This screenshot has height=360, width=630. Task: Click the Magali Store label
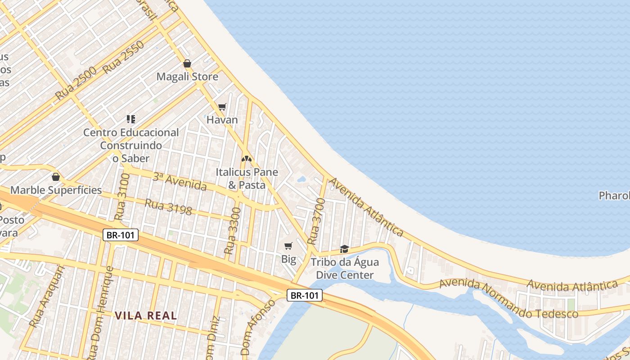click(187, 76)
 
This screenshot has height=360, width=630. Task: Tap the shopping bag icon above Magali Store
click(187, 63)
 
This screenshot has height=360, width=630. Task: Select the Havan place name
click(222, 120)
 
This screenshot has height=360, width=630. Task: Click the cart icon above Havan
click(222, 107)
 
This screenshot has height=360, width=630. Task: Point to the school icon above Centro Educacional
click(131, 119)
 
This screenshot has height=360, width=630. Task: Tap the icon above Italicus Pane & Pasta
click(246, 159)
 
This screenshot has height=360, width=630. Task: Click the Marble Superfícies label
click(56, 190)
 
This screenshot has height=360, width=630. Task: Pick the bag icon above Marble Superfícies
click(56, 177)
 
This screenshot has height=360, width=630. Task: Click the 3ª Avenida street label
click(180, 181)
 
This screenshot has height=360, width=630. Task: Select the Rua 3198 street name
click(168, 207)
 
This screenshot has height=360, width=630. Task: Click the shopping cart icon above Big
click(288, 246)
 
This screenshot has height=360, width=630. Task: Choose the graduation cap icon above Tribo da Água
click(345, 249)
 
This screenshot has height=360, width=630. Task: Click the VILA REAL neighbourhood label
click(146, 316)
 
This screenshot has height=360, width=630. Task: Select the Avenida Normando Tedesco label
click(508, 299)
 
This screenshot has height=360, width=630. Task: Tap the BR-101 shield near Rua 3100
click(120, 235)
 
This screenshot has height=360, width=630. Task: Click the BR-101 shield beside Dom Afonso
click(305, 295)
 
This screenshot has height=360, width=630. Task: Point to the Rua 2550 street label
click(123, 57)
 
